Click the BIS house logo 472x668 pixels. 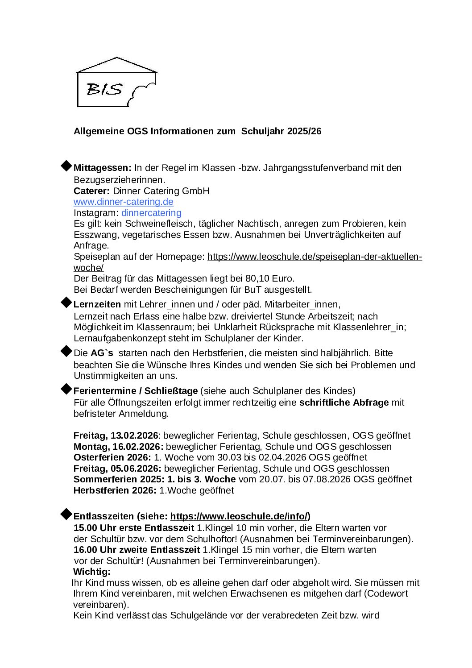[x=116, y=83]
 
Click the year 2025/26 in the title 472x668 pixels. [x=304, y=131]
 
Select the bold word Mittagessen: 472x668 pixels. [x=102, y=168]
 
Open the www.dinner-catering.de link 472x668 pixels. [x=124, y=202]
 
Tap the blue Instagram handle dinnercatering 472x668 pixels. [x=151, y=213]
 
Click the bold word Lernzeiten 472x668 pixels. [x=97, y=304]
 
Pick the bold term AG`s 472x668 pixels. [x=102, y=353]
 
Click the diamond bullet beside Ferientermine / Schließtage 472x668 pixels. [x=66, y=389]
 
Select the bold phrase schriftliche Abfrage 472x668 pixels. [x=344, y=402]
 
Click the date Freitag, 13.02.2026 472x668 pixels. [x=116, y=436]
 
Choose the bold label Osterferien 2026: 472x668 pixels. [x=112, y=457]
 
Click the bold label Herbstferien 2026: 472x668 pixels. [x=115, y=490]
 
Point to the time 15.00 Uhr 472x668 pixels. [x=95, y=528]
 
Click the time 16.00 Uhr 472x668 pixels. [x=95, y=550]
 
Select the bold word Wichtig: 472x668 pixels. [x=91, y=572]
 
